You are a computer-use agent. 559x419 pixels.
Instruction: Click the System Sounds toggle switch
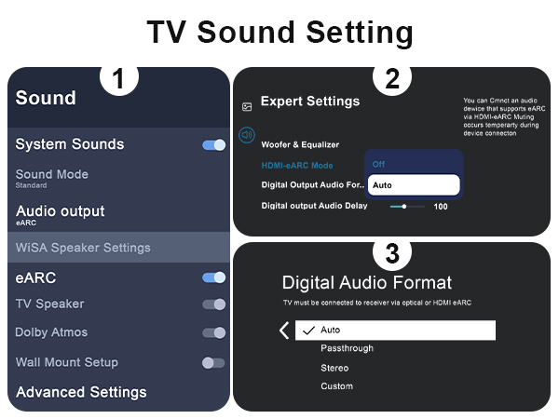pyautogui.click(x=213, y=145)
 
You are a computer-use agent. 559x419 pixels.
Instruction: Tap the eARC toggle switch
pyautogui.click(x=213, y=277)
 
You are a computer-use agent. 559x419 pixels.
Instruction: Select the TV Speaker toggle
pyautogui.click(x=213, y=304)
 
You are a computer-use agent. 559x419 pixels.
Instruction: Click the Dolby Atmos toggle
pyautogui.click(x=213, y=333)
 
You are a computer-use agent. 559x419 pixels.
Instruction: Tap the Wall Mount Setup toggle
pyautogui.click(x=213, y=362)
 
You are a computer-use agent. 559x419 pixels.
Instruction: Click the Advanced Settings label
pyautogui.click(x=81, y=392)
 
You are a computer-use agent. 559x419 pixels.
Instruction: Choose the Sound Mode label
pyautogui.click(x=52, y=174)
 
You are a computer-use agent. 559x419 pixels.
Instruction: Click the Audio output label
pyautogui.click(x=60, y=211)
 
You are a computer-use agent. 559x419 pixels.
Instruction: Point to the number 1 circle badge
pyautogui.click(x=118, y=80)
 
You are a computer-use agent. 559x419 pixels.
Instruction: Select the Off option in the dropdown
pyautogui.click(x=379, y=164)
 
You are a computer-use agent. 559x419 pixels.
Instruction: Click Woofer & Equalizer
pyautogui.click(x=300, y=145)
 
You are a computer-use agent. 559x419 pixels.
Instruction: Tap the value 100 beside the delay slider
pyautogui.click(x=441, y=206)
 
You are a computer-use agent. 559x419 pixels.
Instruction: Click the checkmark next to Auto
pyautogui.click(x=308, y=331)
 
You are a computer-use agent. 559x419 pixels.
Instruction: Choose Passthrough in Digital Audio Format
pyautogui.click(x=347, y=348)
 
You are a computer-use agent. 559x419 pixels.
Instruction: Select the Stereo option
pyautogui.click(x=334, y=368)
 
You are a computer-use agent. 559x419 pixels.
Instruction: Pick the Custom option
pyautogui.click(x=336, y=386)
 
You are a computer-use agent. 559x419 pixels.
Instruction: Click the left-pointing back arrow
pyautogui.click(x=284, y=331)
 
